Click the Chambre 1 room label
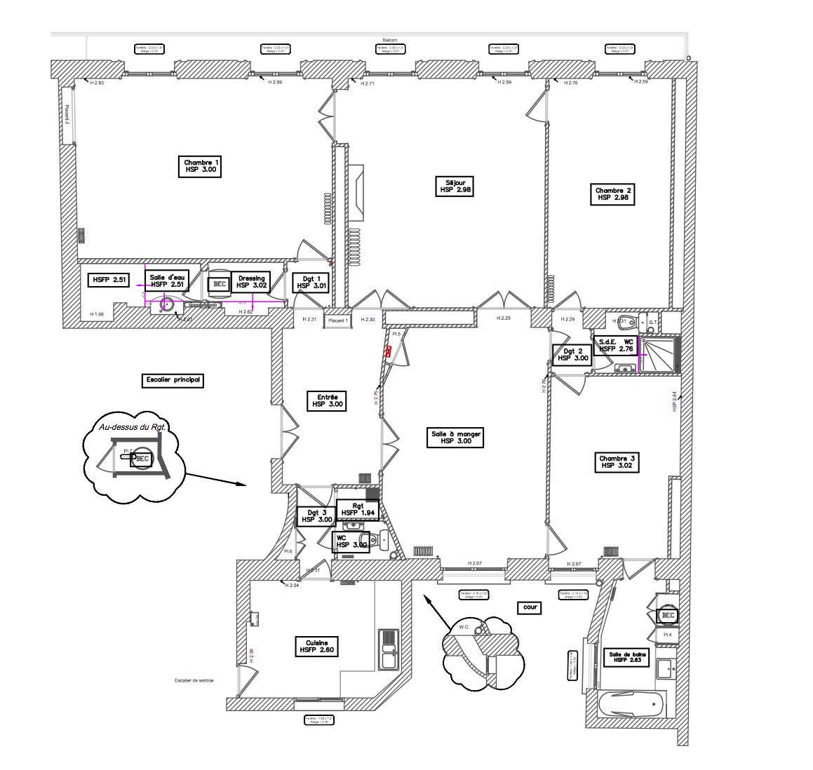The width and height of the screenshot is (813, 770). [x=201, y=166]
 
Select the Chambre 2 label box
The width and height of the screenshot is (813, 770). [x=614, y=194]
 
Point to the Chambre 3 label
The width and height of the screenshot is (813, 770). [x=617, y=461]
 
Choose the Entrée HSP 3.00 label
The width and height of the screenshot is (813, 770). [x=327, y=400]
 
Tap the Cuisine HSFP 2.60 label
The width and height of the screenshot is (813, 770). [x=316, y=647]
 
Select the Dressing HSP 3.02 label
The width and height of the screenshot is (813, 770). [x=251, y=282]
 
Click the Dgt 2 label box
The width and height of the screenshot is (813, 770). [x=572, y=355]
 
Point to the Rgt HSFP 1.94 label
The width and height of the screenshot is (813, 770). [x=358, y=509]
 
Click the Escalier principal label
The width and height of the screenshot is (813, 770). [x=172, y=380]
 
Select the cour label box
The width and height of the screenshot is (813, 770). [x=531, y=607]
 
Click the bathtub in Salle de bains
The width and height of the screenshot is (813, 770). [x=630, y=703]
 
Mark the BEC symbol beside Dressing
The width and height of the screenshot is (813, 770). [x=220, y=284]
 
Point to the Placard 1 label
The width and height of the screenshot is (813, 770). [x=338, y=320]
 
